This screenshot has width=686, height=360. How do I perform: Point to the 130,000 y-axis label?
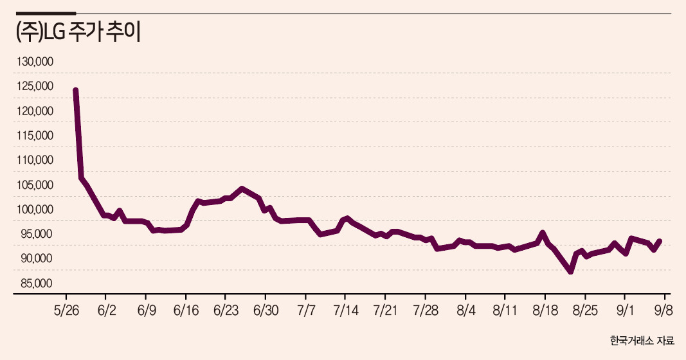pos(35,62)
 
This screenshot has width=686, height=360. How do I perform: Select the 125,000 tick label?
pos(35,86)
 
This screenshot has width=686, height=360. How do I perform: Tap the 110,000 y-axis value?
pos(35,160)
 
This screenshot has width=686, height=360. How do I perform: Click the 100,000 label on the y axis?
pos(35,210)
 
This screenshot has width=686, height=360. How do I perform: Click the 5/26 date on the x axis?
pos(66,310)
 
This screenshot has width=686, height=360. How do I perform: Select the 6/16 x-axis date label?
pos(186,310)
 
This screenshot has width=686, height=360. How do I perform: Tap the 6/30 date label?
pos(266,310)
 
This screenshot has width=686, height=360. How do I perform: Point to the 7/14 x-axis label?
pos(346,310)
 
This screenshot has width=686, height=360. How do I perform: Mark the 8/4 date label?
pos(465,310)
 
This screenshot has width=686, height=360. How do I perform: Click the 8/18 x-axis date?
pos(545,310)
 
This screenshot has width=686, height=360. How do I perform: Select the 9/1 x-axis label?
pos(625,310)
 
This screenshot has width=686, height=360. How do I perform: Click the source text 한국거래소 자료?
pos(642,341)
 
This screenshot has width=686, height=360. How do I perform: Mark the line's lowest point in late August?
pos(570,272)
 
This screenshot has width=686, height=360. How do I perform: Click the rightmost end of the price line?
pos(660,241)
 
